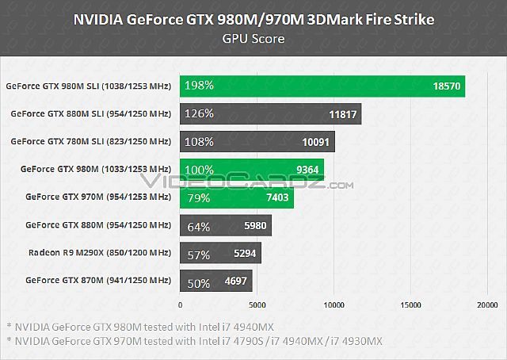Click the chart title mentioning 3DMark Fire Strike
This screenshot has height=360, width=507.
(x=253, y=20)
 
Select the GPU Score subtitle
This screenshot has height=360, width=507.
(x=253, y=37)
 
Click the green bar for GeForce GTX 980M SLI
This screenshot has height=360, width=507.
(x=322, y=86)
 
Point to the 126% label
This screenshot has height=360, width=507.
(x=199, y=113)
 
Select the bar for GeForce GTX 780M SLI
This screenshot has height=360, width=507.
(x=257, y=141)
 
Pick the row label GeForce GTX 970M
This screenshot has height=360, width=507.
(x=98, y=197)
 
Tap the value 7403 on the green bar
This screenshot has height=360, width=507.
(x=277, y=197)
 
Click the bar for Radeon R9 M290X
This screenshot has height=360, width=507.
(x=221, y=253)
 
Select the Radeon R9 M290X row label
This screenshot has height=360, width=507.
(x=98, y=252)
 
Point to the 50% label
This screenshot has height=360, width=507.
(x=198, y=281)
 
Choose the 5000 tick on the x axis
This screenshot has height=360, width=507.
(x=257, y=304)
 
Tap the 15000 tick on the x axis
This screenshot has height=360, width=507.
(x=411, y=304)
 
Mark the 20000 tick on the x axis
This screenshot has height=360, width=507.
(x=487, y=304)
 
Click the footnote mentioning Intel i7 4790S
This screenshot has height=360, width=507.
(x=194, y=341)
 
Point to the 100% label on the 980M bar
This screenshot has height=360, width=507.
(x=199, y=169)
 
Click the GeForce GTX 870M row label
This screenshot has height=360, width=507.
(x=98, y=280)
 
